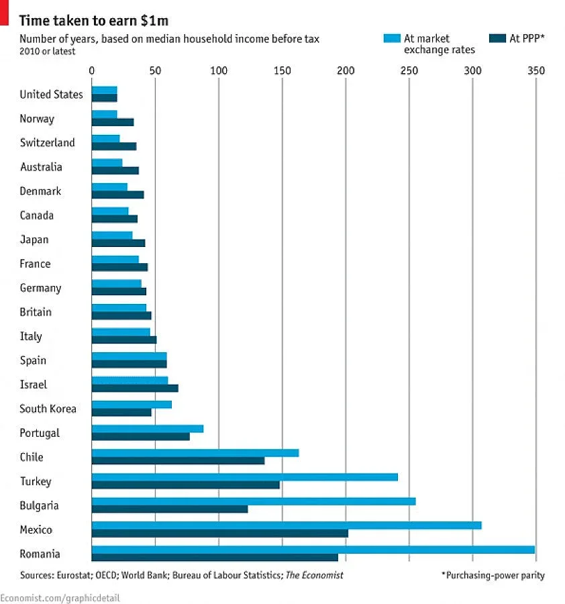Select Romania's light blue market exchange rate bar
click(313, 550)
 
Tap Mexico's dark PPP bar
click(219, 534)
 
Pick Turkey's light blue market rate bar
click(244, 477)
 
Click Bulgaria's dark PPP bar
click(169, 509)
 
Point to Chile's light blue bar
click(195, 453)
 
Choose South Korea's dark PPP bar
click(121, 413)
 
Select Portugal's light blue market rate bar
click(147, 429)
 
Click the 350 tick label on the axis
click(535, 70)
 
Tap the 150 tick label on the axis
click(282, 70)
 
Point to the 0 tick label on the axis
click(92, 70)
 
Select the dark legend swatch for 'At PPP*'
click(497, 38)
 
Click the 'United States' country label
click(51, 95)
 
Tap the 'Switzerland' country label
click(48, 143)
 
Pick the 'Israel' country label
click(34, 385)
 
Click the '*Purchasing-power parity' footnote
click(493, 575)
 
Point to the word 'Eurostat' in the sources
click(79, 575)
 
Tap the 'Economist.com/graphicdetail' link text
click(60, 597)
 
